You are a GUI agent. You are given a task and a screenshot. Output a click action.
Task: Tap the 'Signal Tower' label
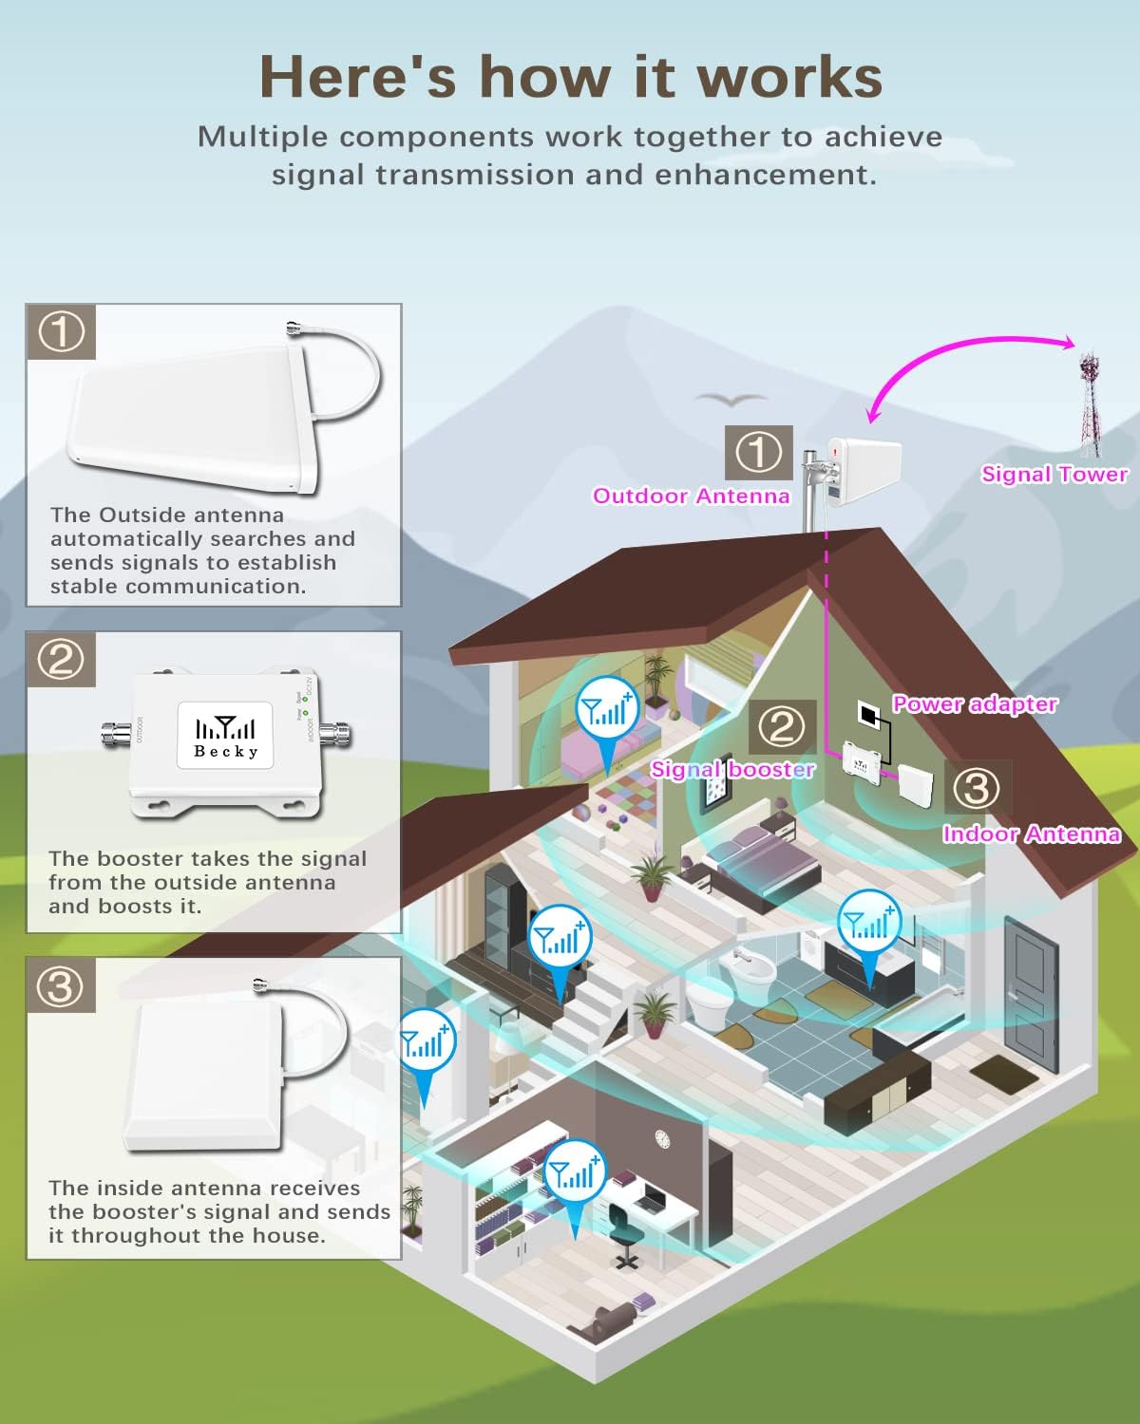tap(1054, 474)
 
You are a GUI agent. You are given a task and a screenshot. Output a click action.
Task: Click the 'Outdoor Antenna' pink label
tap(691, 496)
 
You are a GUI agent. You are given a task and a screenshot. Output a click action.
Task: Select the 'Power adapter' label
tap(975, 703)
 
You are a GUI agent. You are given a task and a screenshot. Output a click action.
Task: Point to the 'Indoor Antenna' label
tap(1031, 834)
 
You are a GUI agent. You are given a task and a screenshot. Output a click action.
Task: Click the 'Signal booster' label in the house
tap(732, 769)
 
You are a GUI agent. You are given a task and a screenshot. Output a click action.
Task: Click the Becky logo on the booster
tap(226, 737)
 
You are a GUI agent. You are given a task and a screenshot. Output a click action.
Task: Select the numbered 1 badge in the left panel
tap(62, 332)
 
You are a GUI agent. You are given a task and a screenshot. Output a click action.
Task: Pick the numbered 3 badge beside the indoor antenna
tap(976, 789)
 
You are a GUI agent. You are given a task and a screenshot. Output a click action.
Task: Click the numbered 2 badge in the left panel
tap(62, 659)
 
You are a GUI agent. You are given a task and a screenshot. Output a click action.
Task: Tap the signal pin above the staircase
tap(560, 946)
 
